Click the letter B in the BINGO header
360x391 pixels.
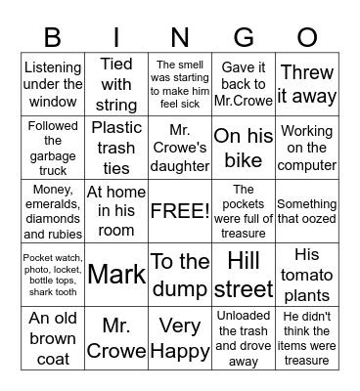pyautogui.click(x=52, y=37)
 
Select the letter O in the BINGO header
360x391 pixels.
pyautogui.click(x=307, y=37)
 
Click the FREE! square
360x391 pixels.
pyautogui.click(x=179, y=211)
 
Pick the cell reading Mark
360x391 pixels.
pyautogui.click(x=116, y=274)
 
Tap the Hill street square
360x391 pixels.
pyautogui.click(x=244, y=274)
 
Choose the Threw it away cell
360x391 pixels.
pyautogui.click(x=307, y=84)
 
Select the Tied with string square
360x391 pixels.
pyautogui.click(x=116, y=84)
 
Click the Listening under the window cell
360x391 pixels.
pyautogui.click(x=52, y=84)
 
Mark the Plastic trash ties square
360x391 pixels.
pyautogui.click(x=116, y=148)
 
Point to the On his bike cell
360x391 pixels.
pyautogui.click(x=244, y=148)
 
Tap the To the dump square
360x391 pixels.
pyautogui.click(x=179, y=274)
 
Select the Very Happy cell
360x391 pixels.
pyautogui.click(x=179, y=337)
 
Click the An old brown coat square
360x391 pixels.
pyautogui.click(x=52, y=337)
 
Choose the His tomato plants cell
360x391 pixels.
pyautogui.click(x=307, y=274)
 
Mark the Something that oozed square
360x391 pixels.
pyautogui.click(x=307, y=211)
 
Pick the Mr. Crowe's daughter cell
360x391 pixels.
pyautogui.click(x=179, y=148)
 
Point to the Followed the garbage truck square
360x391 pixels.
pyautogui.click(x=52, y=148)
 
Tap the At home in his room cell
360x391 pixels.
pyautogui.click(x=116, y=211)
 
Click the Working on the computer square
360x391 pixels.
pyautogui.click(x=307, y=148)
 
